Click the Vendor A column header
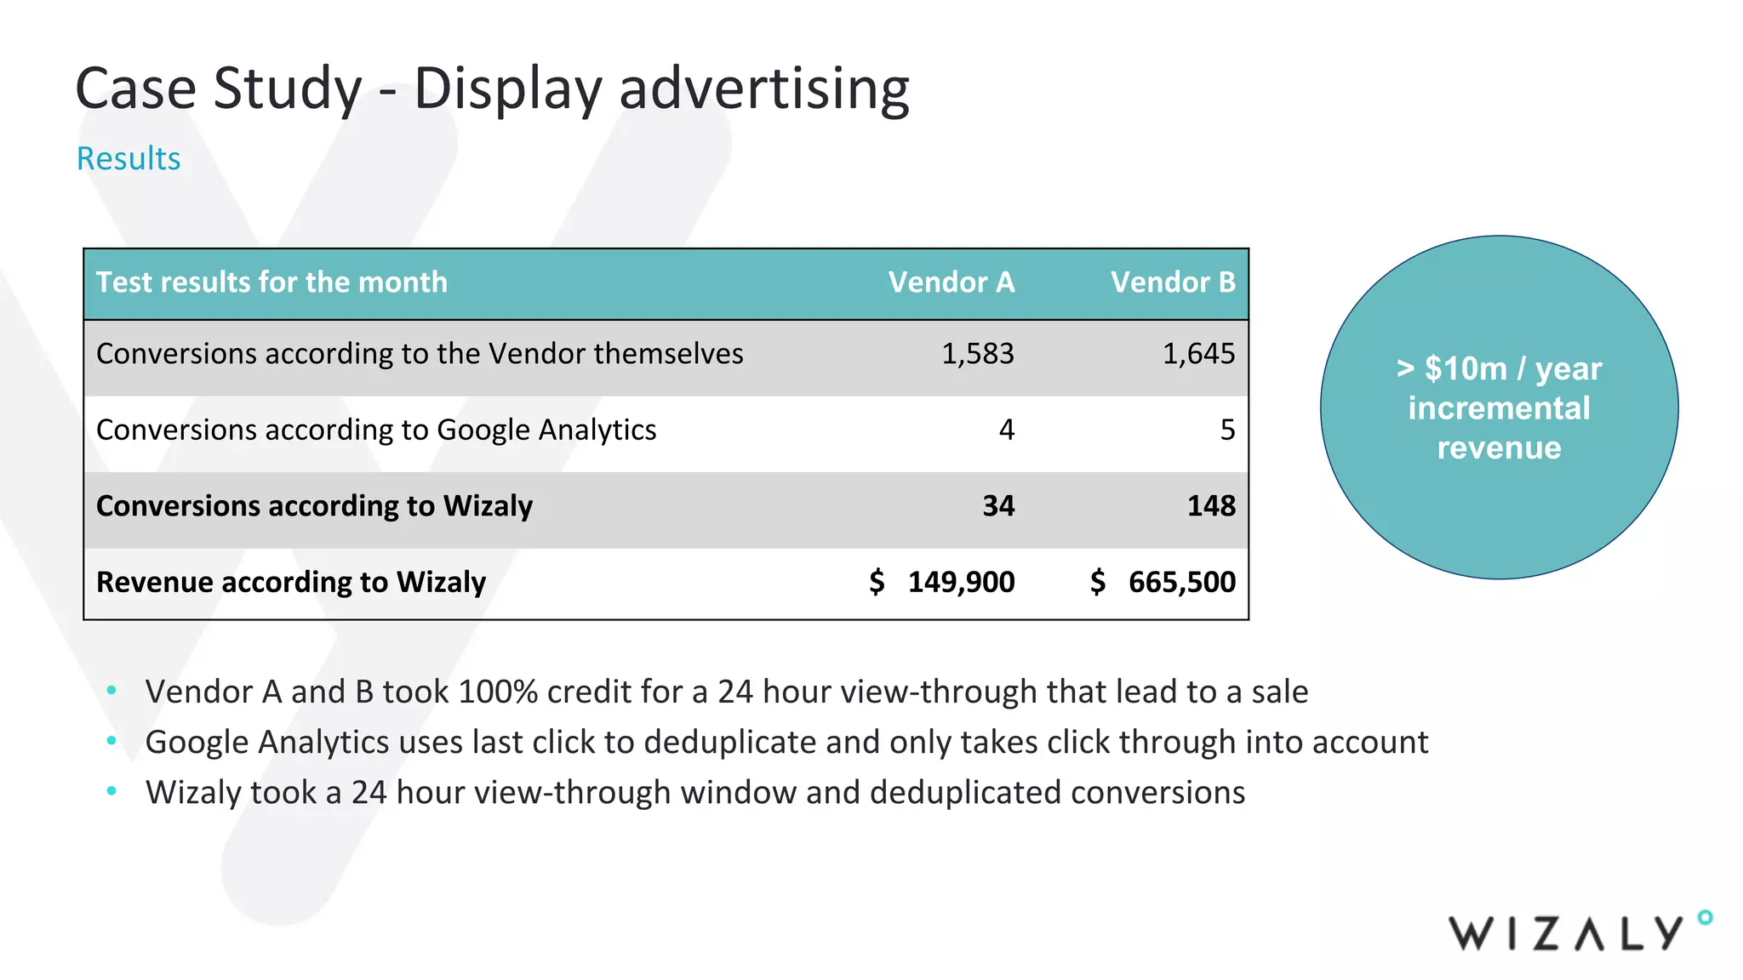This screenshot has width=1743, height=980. pyautogui.click(x=951, y=282)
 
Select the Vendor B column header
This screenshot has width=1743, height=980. pyautogui.click(x=1172, y=282)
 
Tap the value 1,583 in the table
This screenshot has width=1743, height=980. pyautogui.click(x=977, y=354)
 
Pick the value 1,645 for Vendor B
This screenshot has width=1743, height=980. pyautogui.click(x=1198, y=354)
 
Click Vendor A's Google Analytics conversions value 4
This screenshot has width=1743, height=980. pyautogui.click(x=1006, y=430)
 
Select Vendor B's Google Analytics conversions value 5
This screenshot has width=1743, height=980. pyautogui.click(x=1226, y=430)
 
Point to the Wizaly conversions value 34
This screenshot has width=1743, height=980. pyautogui.click(x=998, y=506)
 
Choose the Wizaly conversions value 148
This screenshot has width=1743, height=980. pyautogui.click(x=1211, y=506)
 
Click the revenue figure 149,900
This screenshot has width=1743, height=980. pyautogui.click(x=961, y=583)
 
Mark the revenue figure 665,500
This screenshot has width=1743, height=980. pyautogui.click(x=1181, y=583)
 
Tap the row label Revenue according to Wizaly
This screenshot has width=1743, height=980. pyautogui.click(x=291, y=583)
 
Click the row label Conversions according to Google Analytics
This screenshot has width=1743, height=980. pyautogui.click(x=376, y=430)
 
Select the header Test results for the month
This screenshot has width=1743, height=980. pyautogui.click(x=271, y=282)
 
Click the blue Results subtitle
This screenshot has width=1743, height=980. pyautogui.click(x=129, y=159)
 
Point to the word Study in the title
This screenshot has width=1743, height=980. pyautogui.click(x=288, y=88)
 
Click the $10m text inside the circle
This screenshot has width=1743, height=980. pyautogui.click(x=1466, y=369)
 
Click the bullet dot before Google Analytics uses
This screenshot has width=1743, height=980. pyautogui.click(x=111, y=742)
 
